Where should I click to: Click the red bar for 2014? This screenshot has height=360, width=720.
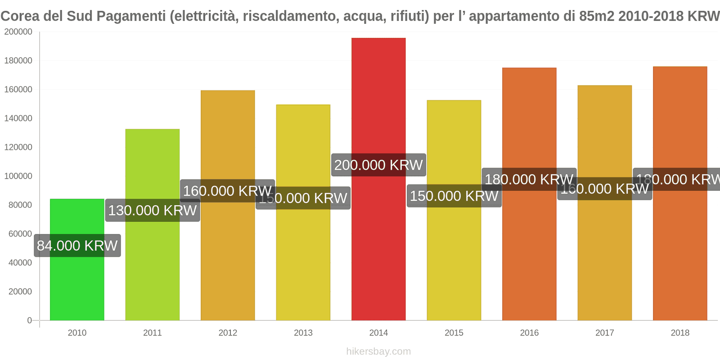378,247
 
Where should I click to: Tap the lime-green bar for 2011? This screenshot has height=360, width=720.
153,270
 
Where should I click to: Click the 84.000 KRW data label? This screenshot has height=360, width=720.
77,246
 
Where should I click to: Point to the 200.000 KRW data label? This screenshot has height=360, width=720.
378,165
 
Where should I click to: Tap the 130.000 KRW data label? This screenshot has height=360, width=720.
153,210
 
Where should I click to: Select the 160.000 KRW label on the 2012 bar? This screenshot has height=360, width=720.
227,191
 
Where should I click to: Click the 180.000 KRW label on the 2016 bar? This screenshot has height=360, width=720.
529,180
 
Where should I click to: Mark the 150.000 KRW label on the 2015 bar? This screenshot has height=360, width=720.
454,196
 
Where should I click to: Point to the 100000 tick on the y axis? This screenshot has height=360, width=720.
18,176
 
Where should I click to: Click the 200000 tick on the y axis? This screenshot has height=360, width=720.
18,32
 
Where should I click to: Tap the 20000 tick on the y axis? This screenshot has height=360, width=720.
20,292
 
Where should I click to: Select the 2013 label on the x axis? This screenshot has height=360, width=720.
303,333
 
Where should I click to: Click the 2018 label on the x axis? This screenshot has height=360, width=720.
680,333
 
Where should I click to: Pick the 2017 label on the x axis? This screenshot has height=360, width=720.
604,333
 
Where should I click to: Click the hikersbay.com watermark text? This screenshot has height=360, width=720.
378,351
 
